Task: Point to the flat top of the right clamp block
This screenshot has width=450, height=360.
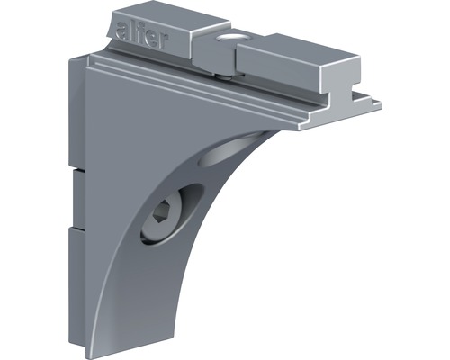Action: click(297, 45)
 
